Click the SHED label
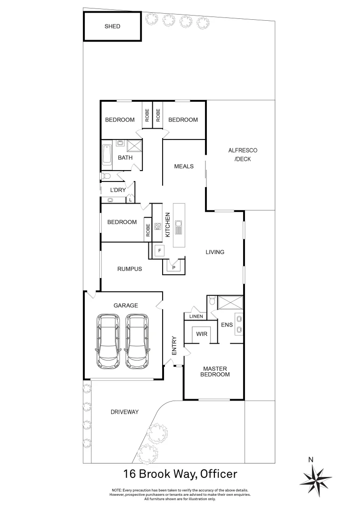coord(112,26)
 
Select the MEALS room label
coord(184,166)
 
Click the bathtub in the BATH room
coord(107,155)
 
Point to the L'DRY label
coord(117,189)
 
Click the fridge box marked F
coord(160,251)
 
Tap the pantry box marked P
coord(174,267)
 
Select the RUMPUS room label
coord(130,269)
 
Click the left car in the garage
coord(107,341)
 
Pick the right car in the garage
coord(138,341)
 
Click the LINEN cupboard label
coord(196,316)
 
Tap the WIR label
coord(202,333)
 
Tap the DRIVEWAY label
coord(124,412)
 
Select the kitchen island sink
coord(180,227)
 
